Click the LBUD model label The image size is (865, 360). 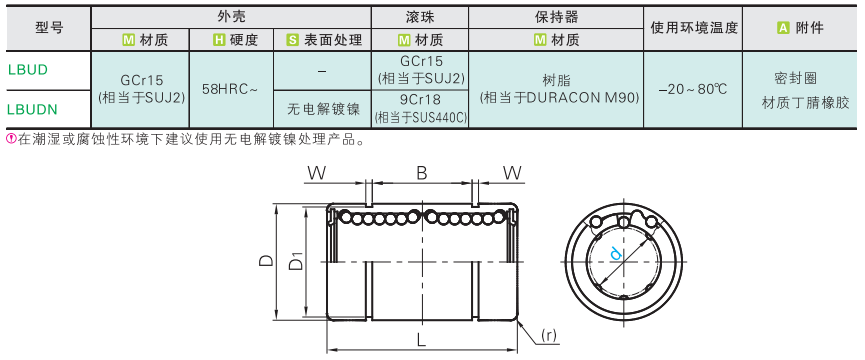[x=28, y=70]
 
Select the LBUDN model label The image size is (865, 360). [x=32, y=109]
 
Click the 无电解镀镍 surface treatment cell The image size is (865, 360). [x=323, y=109]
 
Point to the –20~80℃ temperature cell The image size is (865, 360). [x=693, y=89]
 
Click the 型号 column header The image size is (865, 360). [x=49, y=28]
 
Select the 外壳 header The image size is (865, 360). [x=231, y=17]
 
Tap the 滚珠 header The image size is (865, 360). [x=420, y=17]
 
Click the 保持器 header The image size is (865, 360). [x=556, y=17]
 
